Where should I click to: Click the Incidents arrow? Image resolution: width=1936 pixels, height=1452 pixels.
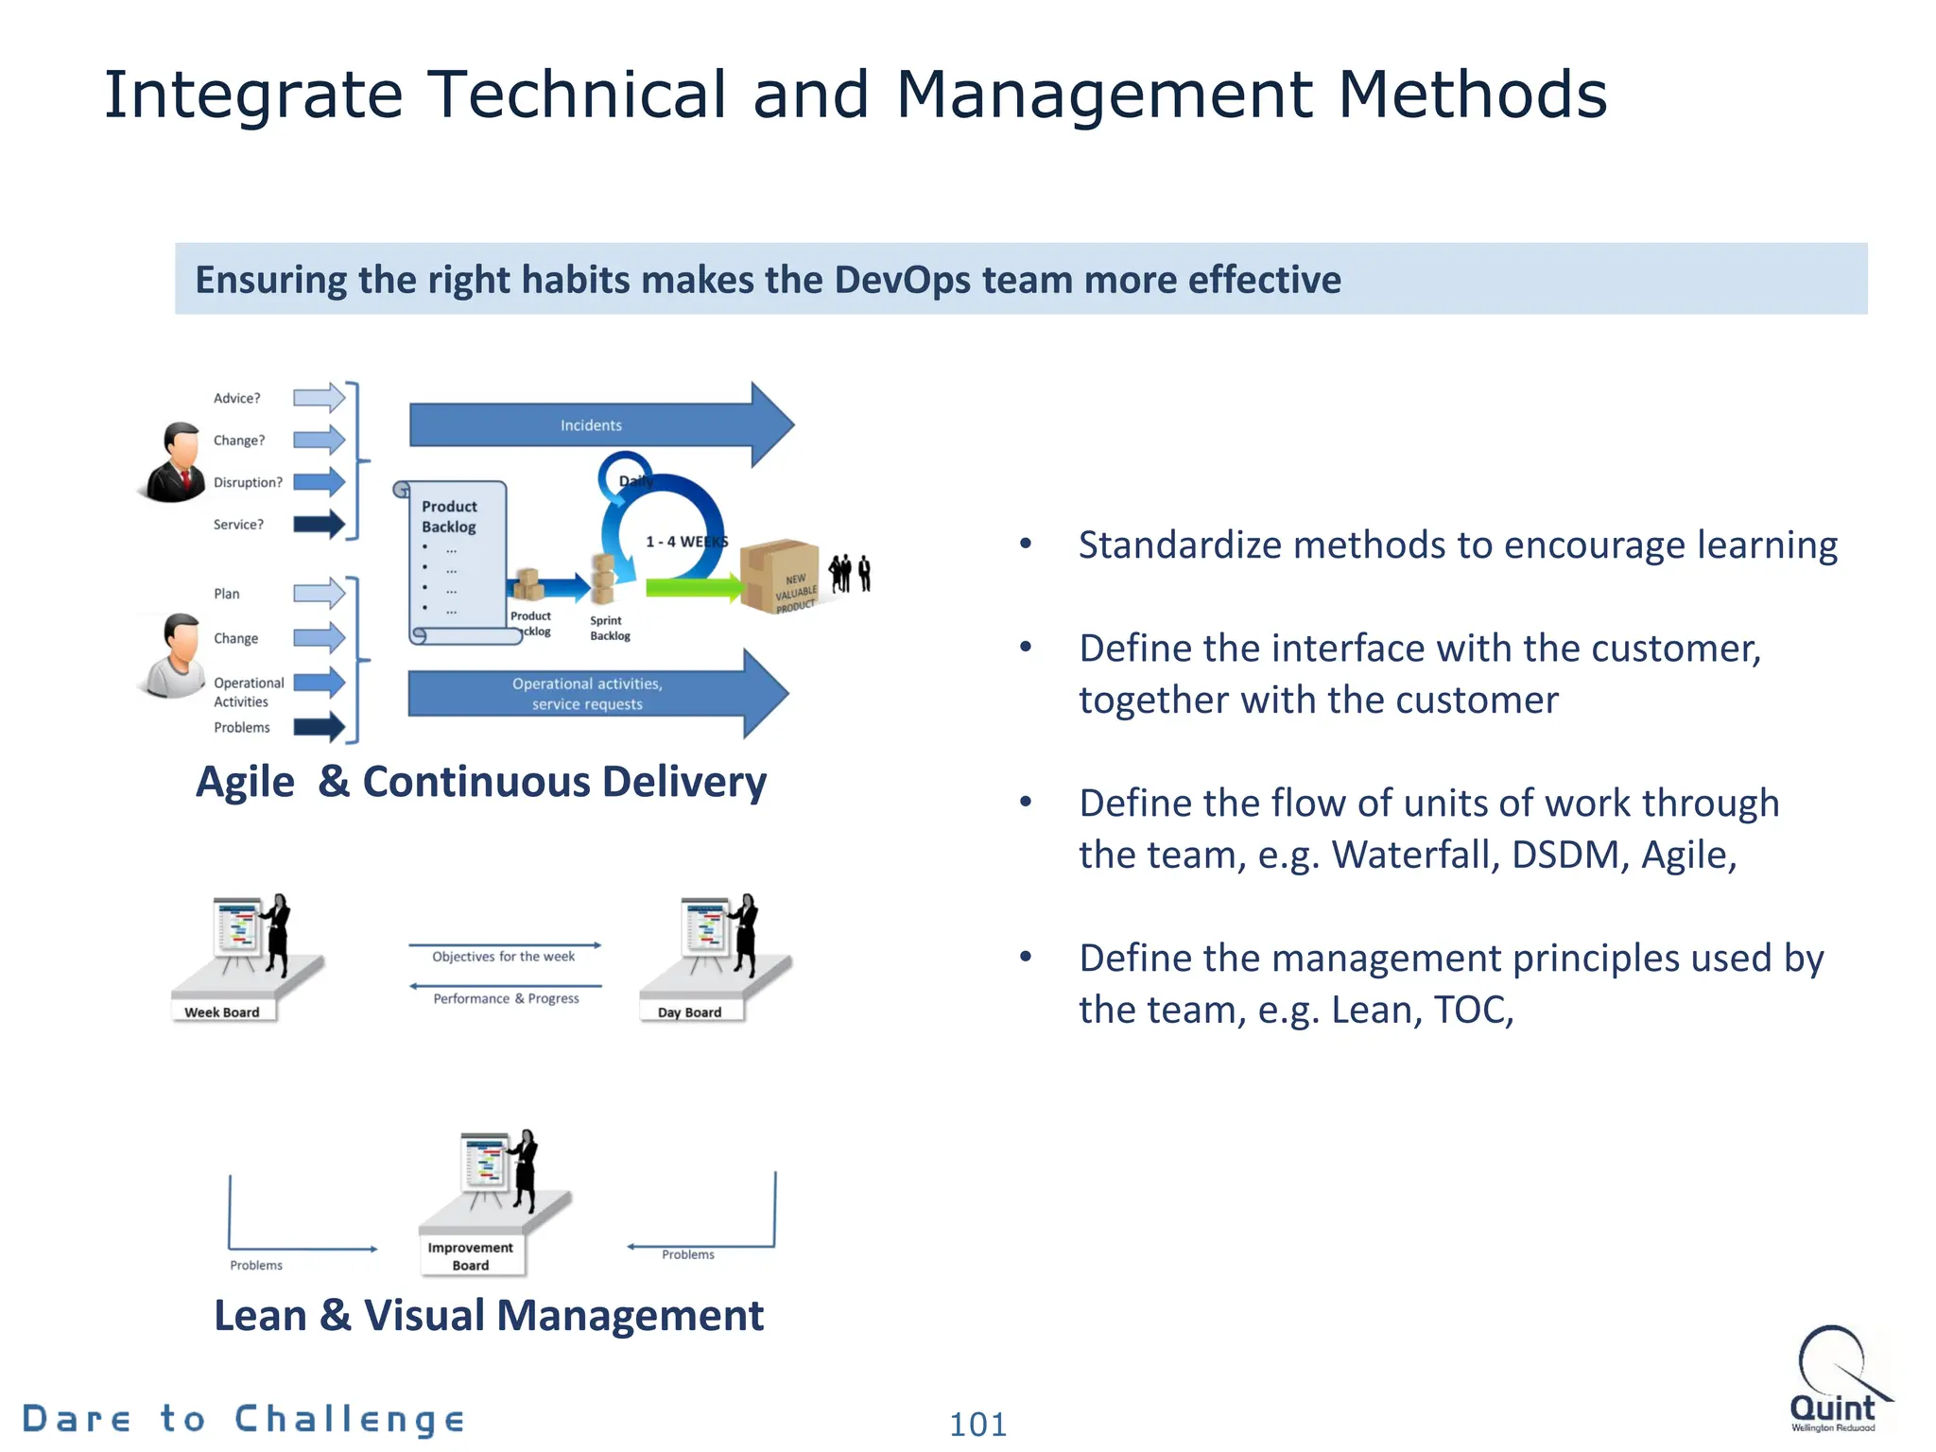point(591,425)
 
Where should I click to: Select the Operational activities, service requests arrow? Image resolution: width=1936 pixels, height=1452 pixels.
point(587,694)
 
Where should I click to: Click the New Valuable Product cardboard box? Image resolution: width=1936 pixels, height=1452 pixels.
point(780,576)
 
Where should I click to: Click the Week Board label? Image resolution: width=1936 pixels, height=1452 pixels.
point(222,1012)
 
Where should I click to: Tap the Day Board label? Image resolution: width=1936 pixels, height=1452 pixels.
point(689,1012)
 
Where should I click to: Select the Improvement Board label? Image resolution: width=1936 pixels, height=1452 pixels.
point(470,1256)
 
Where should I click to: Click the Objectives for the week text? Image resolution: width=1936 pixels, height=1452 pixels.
point(504,957)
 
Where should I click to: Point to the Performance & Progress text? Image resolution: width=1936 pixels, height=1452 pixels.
point(506,998)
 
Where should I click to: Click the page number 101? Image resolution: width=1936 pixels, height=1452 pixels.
point(977,1424)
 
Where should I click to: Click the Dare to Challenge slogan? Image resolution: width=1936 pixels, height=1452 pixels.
point(244,1419)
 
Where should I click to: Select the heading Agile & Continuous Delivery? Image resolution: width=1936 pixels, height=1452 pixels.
point(481,782)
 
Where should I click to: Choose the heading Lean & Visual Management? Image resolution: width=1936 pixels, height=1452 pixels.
point(489,1315)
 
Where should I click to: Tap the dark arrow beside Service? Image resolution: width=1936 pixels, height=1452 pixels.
point(319,525)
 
